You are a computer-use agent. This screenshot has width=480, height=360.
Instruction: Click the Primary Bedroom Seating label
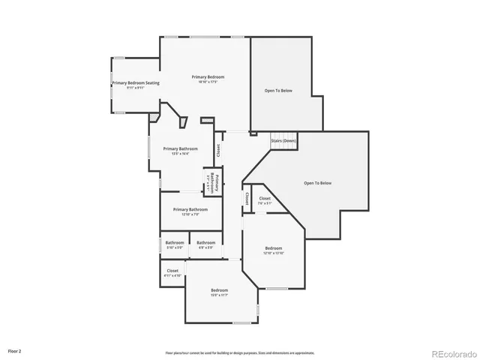click(x=136, y=82)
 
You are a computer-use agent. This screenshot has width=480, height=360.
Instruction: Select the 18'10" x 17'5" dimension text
click(x=208, y=82)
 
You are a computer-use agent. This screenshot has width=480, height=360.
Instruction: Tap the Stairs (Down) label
click(x=283, y=141)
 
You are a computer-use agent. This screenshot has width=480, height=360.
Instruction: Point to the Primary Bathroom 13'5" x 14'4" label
click(x=180, y=148)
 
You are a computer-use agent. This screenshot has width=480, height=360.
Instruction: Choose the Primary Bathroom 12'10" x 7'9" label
click(x=190, y=210)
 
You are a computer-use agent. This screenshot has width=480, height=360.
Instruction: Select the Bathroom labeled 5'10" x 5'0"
click(x=175, y=243)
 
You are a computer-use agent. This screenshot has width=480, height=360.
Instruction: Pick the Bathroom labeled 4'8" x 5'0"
click(x=206, y=243)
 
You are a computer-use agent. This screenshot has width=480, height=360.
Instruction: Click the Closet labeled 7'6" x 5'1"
click(x=265, y=199)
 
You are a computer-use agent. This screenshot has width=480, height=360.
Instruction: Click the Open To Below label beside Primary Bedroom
click(x=278, y=90)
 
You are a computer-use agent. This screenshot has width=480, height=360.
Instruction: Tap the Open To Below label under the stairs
click(x=317, y=183)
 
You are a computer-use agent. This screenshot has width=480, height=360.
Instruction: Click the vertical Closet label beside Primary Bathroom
click(x=218, y=150)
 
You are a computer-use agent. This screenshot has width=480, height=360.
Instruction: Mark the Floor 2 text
click(x=15, y=350)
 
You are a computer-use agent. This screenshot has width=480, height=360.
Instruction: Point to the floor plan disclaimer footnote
click(x=240, y=352)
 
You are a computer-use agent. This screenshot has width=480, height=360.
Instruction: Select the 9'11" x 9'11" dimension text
click(x=136, y=88)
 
